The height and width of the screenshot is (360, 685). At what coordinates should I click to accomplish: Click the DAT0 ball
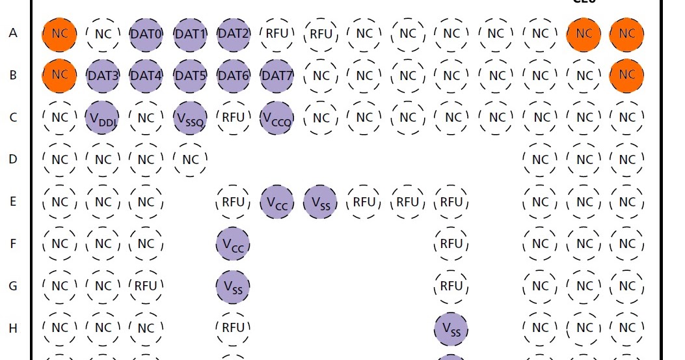point(146,33)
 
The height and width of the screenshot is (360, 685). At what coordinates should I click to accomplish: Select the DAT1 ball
point(190,33)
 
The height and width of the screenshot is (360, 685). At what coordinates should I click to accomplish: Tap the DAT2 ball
point(233,33)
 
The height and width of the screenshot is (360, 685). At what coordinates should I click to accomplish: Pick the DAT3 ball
point(103,76)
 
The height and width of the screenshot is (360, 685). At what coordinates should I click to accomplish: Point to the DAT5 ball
point(190,76)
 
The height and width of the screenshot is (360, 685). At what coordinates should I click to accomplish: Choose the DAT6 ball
point(233,76)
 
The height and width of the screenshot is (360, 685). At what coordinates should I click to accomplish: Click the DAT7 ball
point(276,76)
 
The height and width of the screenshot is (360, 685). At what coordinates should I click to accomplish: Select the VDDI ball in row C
point(103,118)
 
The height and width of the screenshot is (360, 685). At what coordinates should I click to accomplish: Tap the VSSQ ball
point(190,118)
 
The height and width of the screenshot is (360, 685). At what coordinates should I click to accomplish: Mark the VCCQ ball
point(276,118)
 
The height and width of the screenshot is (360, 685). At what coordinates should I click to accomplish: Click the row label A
point(13,33)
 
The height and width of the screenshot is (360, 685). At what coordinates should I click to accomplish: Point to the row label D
point(13,159)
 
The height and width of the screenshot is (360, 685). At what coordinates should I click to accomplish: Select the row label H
point(13,328)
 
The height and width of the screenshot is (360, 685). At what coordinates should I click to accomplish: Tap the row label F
point(13,244)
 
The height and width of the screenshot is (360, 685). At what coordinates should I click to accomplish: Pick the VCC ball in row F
point(233,244)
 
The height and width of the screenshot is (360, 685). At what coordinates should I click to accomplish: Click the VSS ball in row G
point(233,286)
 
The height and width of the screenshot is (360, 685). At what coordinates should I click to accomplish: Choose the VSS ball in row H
point(451,328)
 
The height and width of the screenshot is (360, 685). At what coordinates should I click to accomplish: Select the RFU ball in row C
point(233,118)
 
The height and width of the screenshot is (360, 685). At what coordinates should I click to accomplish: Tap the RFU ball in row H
point(233,328)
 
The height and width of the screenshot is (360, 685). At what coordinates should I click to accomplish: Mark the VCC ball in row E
point(276,202)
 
